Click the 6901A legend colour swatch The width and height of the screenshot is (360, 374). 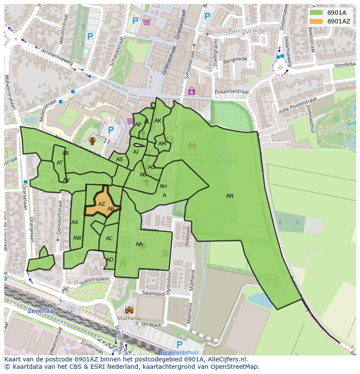click(317, 13)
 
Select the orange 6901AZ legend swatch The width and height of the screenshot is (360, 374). click(317, 21)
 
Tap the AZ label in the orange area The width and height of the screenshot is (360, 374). click(102, 204)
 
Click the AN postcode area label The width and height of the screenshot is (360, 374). click(230, 196)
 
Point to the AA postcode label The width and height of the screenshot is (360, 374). click(139, 244)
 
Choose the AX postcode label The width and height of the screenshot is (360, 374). click(75, 222)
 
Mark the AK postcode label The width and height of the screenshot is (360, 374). click(158, 121)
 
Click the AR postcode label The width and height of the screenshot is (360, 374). click(66, 153)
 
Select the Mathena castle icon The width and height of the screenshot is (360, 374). click(129, 310)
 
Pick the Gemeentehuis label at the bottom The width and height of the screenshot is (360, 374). click(180, 352)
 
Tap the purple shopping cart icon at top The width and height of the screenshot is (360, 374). click(147, 21)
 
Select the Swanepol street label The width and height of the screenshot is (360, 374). click(153, 293)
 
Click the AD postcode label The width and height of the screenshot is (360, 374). click(110, 260)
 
